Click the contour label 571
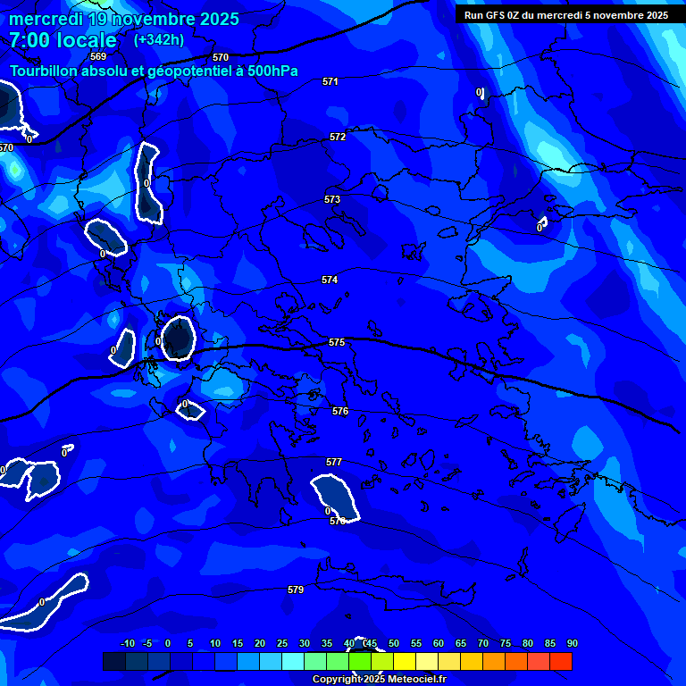click(x=330, y=81)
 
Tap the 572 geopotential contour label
click(x=338, y=137)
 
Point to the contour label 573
click(x=332, y=199)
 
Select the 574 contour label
click(x=330, y=280)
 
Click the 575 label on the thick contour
click(x=337, y=342)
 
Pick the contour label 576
click(x=340, y=411)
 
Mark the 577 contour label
click(x=334, y=462)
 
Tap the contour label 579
click(x=296, y=590)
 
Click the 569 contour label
click(x=98, y=56)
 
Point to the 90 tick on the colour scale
click(x=572, y=643)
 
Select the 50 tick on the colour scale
click(x=393, y=643)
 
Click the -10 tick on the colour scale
click(x=127, y=643)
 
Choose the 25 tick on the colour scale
click(x=282, y=643)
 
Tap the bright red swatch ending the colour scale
click(x=561, y=661)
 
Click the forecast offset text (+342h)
click(x=159, y=39)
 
